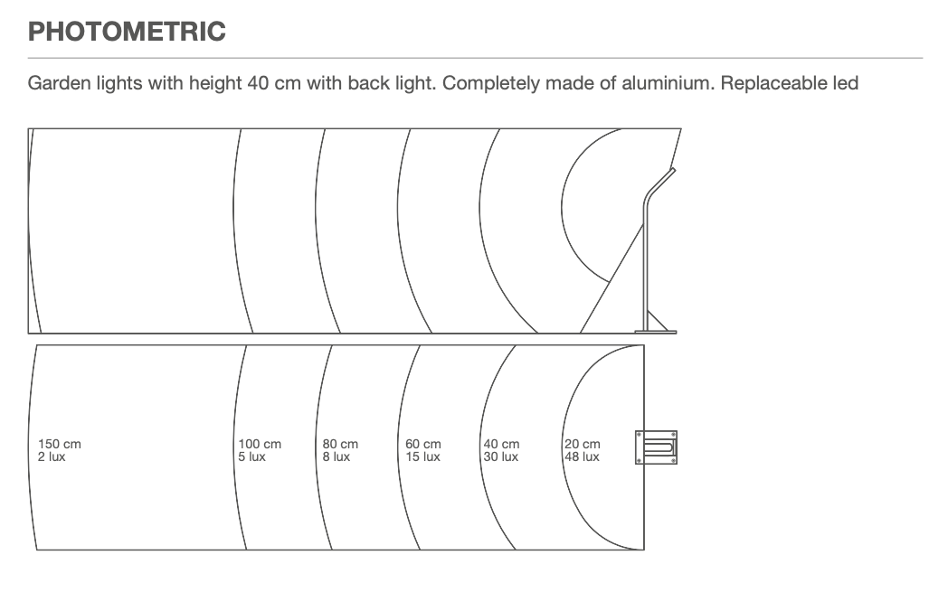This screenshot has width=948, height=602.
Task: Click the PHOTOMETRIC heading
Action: click(x=127, y=32)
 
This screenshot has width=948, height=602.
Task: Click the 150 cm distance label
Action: click(x=60, y=444)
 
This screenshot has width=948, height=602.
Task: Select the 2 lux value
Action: click(x=52, y=457)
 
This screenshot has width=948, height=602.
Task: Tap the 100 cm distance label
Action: click(x=260, y=444)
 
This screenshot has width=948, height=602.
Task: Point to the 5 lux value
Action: click(x=251, y=457)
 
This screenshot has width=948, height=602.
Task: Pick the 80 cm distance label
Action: click(x=340, y=444)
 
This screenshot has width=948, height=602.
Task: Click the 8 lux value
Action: click(x=337, y=457)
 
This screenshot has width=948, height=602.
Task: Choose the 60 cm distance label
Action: click(x=423, y=444)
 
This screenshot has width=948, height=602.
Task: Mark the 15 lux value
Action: click(x=422, y=457)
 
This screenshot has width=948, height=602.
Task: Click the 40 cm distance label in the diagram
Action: click(x=501, y=444)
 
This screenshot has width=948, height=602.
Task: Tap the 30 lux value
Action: click(x=500, y=457)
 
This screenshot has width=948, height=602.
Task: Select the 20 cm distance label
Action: click(x=583, y=444)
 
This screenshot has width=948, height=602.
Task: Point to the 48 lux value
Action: click(x=582, y=457)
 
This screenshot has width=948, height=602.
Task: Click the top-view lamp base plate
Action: click(x=656, y=447)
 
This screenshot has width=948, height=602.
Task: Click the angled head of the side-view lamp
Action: click(x=659, y=182)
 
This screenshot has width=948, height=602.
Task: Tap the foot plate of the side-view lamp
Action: click(x=656, y=331)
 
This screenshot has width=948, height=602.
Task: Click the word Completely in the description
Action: click(x=490, y=83)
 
